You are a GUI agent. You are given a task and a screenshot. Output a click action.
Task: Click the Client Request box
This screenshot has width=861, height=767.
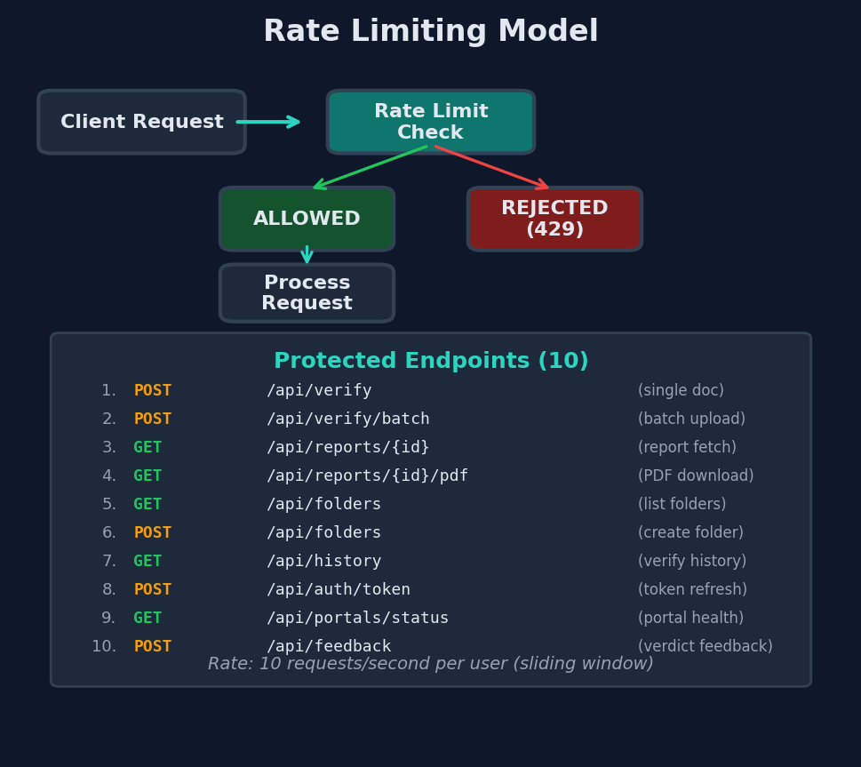141,122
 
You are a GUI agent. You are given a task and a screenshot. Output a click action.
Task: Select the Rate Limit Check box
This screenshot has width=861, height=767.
431,122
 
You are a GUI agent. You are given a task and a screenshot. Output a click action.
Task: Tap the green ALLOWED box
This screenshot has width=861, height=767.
307,219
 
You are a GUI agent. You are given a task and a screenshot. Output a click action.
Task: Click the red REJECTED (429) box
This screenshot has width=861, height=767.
554,219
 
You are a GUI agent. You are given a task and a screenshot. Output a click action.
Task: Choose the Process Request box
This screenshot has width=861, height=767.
307,293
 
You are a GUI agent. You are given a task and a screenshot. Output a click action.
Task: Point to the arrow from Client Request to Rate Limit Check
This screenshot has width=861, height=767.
268,122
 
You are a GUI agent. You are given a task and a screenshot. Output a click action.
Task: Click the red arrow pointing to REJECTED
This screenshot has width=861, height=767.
491,167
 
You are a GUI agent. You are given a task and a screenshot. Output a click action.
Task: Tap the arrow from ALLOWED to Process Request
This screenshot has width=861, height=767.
307,255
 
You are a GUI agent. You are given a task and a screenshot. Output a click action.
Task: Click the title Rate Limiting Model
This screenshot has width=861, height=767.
431,32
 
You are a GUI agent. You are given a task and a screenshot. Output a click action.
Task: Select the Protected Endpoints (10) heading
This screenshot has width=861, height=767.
431,362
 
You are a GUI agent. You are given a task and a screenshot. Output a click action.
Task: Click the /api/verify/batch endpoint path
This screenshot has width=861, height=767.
347,419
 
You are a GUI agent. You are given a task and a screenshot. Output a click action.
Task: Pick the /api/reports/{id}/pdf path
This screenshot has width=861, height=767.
367,476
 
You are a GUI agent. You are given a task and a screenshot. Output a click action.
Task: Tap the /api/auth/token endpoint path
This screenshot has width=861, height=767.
339,590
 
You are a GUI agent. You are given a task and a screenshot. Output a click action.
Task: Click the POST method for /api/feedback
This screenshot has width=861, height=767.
153,647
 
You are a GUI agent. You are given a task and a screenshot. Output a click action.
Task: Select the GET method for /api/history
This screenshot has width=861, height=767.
147,562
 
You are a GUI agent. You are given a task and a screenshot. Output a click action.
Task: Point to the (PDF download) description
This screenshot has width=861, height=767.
696,476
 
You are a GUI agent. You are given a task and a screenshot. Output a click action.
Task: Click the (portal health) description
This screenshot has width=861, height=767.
690,619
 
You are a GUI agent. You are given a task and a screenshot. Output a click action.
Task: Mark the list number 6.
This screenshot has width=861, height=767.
109,533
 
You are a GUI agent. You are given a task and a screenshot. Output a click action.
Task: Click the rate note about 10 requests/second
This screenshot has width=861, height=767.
431,665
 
